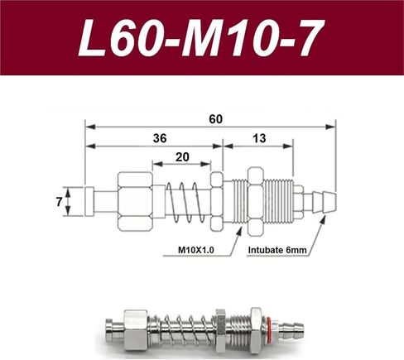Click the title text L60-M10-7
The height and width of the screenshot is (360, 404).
tap(202, 38)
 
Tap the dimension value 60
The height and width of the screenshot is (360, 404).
tap(215, 119)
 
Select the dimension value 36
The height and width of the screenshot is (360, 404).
tap(160, 138)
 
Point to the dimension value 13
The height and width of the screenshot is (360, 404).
tap(259, 138)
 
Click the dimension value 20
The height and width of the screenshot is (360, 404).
tap(182, 157)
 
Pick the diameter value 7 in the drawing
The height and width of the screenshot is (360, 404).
tap(59, 202)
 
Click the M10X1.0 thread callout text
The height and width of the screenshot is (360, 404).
tap(196, 250)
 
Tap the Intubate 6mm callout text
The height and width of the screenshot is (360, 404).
tap(277, 250)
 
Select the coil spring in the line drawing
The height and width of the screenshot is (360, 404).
tap(185, 202)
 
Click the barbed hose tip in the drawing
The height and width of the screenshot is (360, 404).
tap(324, 202)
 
